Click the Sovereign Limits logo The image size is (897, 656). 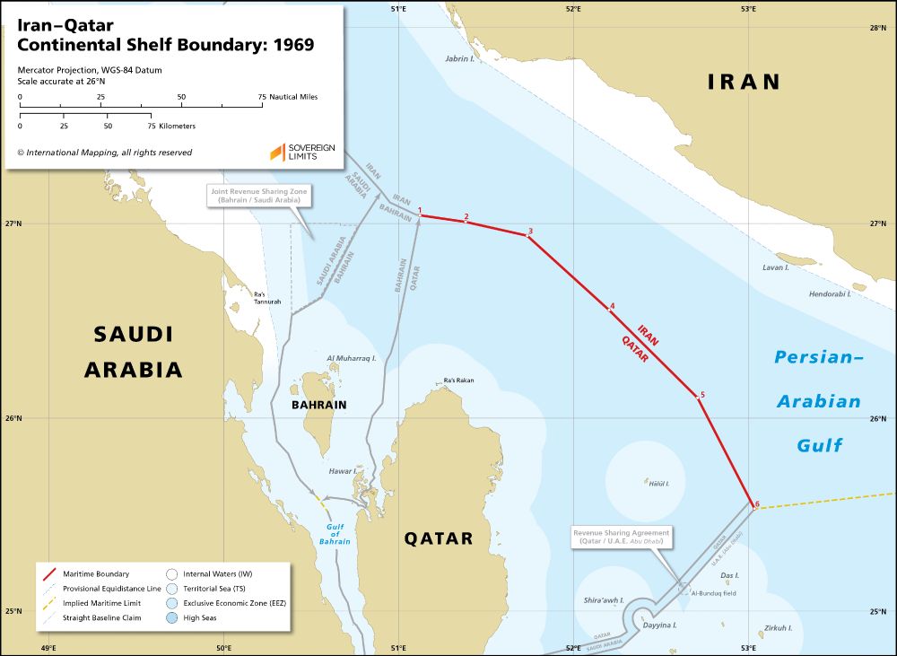tap(301, 152)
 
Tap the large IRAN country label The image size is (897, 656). tap(744, 82)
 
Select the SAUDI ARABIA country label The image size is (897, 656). tap(134, 352)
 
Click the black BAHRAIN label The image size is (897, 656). tap(318, 405)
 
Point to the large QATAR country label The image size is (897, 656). tap(438, 538)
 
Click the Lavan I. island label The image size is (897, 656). tap(775, 267)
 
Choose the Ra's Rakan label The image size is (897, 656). tap(458, 380)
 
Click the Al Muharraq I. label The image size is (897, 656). tap(351, 357)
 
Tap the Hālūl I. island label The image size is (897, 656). tap(658, 484)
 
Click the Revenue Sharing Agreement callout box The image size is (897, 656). tap(621, 538)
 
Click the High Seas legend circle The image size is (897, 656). tap(171, 618)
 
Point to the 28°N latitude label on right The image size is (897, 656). tap(878, 29)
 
